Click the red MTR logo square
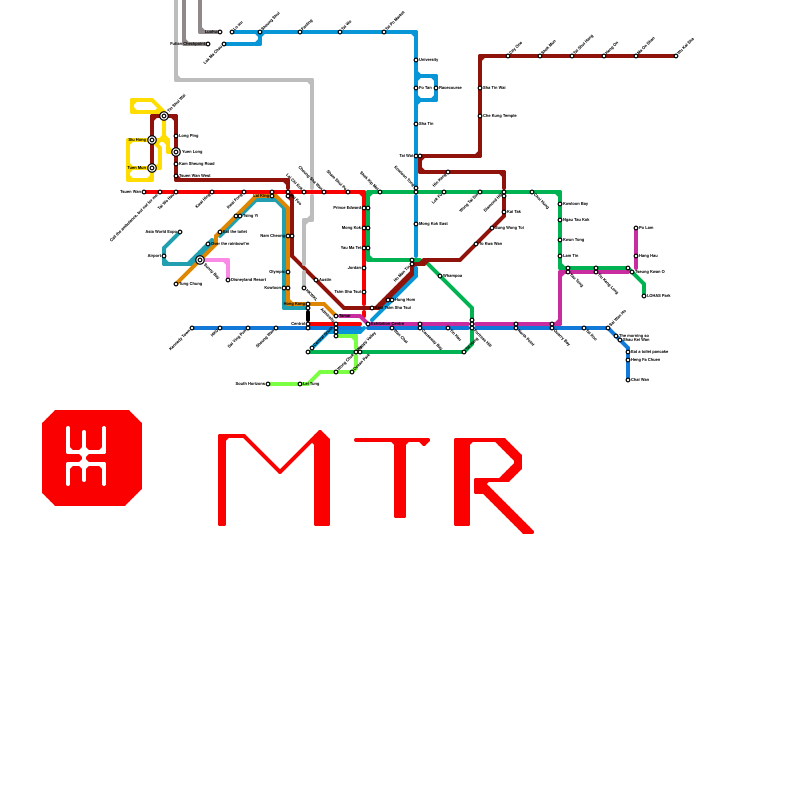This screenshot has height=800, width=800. (92, 457)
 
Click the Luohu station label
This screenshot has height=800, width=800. (211, 32)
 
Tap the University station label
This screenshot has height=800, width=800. (428, 60)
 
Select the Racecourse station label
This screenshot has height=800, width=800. (450, 88)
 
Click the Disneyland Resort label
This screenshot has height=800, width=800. (248, 280)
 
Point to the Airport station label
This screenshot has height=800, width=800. (154, 256)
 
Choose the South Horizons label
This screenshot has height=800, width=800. (250, 384)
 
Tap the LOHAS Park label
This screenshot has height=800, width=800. (658, 296)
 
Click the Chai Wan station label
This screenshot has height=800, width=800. (640, 380)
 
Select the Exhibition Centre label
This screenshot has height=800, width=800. (387, 324)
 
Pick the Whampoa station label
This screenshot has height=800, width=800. (452, 276)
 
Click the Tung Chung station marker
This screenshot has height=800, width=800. (176, 284)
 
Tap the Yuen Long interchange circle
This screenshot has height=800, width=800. (176, 152)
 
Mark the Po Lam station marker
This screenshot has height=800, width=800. (636, 228)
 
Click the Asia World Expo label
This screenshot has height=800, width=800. (161, 232)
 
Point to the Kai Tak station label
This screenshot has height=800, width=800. (514, 212)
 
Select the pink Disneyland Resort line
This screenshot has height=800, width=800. (220, 260)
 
